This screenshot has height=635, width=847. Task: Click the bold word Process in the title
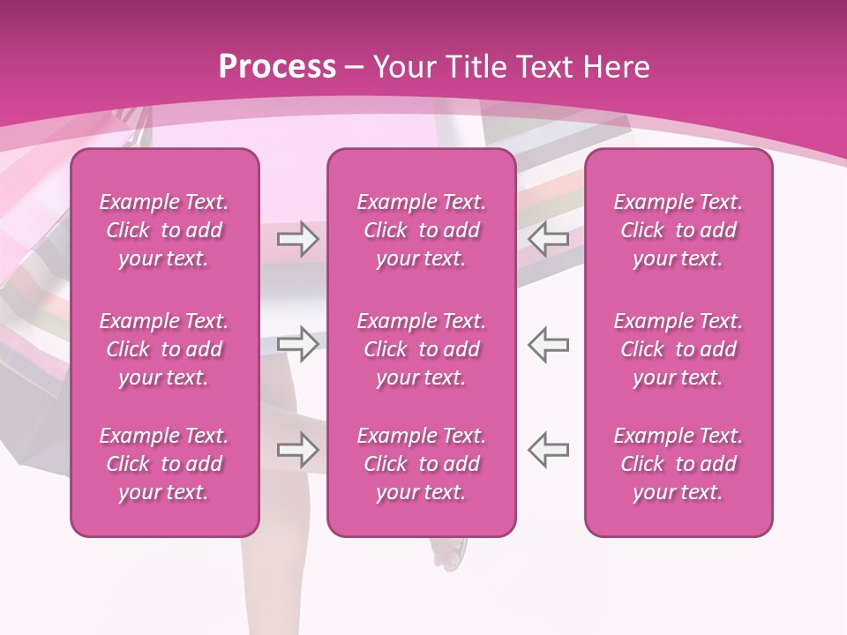[x=277, y=67]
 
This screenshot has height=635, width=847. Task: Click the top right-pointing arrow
[x=298, y=239]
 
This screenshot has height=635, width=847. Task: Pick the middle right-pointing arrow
[x=298, y=344]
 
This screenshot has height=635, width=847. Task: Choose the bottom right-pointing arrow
[x=298, y=450]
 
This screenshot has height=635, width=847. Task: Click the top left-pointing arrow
[x=549, y=239]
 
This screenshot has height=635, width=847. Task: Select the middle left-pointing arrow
[x=549, y=344]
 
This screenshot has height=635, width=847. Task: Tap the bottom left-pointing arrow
[x=549, y=450]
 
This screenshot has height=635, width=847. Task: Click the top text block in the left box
[x=164, y=230]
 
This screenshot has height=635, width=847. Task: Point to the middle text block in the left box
[x=164, y=349]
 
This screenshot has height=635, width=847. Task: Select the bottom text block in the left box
[x=164, y=464]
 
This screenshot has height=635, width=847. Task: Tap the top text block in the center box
[x=422, y=230]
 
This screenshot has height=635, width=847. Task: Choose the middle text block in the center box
[x=422, y=349]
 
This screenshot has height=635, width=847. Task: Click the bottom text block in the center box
[x=422, y=464]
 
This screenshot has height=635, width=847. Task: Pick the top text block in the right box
[x=678, y=230]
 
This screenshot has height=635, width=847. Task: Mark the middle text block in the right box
[x=678, y=349]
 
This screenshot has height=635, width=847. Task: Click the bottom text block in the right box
[x=678, y=464]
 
